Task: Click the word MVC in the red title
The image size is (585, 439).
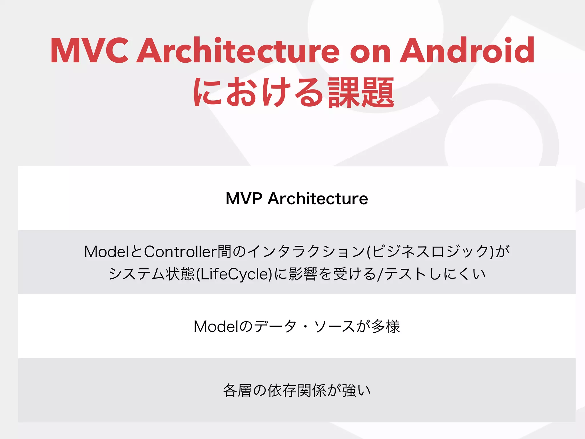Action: click(x=89, y=51)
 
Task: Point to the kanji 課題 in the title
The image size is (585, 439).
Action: click(x=361, y=93)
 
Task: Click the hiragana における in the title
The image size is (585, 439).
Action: click(x=258, y=93)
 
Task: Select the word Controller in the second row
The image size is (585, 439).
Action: click(x=180, y=252)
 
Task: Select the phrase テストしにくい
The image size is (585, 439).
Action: click(x=435, y=274)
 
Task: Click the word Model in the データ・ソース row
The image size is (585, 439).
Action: click(x=216, y=326)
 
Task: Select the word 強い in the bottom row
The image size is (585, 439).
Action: click(x=356, y=390)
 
